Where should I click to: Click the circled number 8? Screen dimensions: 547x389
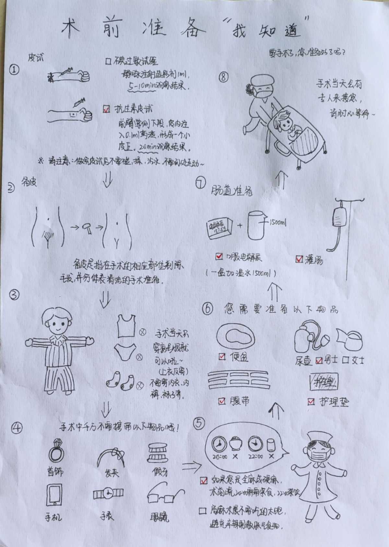pos(224,77)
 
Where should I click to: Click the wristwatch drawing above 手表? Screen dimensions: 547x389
pos(108,494)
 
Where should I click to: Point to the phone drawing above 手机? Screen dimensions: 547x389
pos(54,495)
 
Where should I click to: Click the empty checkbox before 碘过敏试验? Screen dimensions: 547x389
pos(109,61)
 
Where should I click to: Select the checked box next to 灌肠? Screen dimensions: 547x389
pos(299,259)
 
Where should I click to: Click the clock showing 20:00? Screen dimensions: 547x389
pos(219,444)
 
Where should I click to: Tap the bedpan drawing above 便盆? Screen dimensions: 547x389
pos(235,337)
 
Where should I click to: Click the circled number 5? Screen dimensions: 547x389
pos(199,423)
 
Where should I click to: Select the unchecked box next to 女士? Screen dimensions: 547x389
pos(346,360)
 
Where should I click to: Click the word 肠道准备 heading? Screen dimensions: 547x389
pos(231,191)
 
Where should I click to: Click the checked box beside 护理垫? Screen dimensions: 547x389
pos(311,402)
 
